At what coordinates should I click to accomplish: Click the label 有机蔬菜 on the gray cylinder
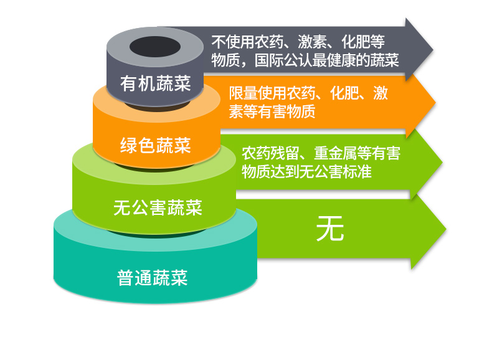(155, 83)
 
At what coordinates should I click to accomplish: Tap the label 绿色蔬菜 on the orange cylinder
(155, 145)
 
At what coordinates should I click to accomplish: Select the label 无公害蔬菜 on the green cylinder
(158, 208)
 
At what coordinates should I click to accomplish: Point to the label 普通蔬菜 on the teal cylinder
(152, 278)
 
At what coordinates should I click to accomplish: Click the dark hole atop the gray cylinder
(155, 47)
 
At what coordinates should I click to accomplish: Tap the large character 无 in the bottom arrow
(330, 229)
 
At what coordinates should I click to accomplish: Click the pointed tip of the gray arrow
(433, 50)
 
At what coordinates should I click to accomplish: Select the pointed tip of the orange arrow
(435, 102)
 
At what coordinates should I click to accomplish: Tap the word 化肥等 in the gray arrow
(363, 42)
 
